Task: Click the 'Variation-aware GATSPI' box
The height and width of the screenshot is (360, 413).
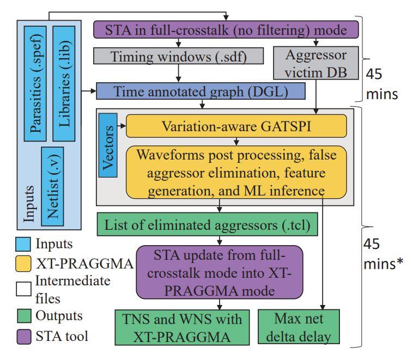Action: tap(236, 126)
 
